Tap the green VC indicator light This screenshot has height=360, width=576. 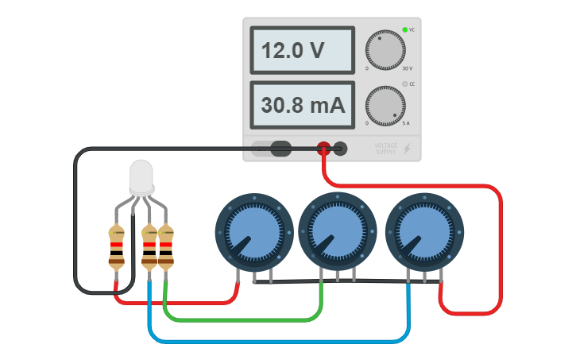tap(404, 30)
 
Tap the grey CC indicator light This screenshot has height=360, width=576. tap(404, 84)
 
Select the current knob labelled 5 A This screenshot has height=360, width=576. tap(385, 106)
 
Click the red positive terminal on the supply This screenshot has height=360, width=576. tap(323, 148)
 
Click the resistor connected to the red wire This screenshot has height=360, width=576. tap(117, 247)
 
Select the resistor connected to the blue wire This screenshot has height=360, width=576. tap(149, 247)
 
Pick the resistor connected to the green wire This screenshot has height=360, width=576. tap(165, 247)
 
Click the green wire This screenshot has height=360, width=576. tap(238, 319)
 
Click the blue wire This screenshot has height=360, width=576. tap(278, 342)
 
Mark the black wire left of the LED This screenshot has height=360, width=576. tap(76, 223)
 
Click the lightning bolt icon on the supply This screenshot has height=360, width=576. tap(408, 149)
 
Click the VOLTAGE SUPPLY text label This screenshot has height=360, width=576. tap(386, 148)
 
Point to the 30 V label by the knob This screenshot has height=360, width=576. tap(407, 69)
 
